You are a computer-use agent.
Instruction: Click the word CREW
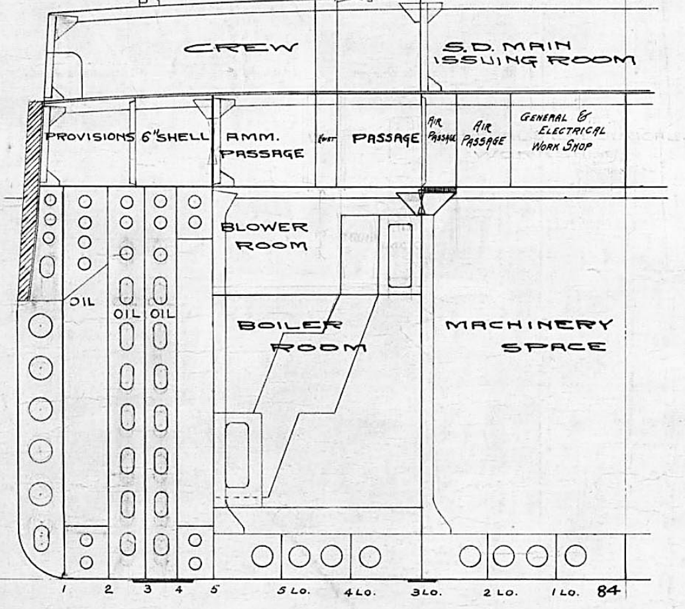[x=240, y=48]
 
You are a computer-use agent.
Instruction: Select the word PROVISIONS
[x=89, y=137]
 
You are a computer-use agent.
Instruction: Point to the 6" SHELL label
[x=175, y=137]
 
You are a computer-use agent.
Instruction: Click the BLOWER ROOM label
[x=264, y=236]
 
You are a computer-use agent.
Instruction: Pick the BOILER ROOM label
[x=301, y=336]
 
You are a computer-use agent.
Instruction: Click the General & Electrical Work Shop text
[x=562, y=131]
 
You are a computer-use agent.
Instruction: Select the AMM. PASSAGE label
[x=262, y=145]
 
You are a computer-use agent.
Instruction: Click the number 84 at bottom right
[x=609, y=590]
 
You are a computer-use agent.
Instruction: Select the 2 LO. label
[x=496, y=592]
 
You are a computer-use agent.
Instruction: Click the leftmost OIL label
[x=83, y=301]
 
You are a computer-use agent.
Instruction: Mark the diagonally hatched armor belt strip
[x=30, y=199]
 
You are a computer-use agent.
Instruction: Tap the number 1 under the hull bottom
[x=64, y=588]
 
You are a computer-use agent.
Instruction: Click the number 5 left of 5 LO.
[x=213, y=588]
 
